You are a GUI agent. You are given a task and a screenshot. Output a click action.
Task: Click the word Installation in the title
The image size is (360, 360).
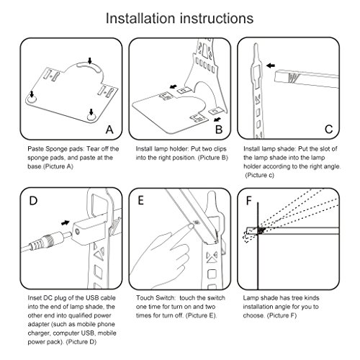click(x=140, y=19)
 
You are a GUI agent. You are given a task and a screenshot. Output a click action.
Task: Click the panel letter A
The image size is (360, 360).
click(x=109, y=130)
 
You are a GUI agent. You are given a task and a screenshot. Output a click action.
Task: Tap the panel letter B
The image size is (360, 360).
click(x=219, y=130)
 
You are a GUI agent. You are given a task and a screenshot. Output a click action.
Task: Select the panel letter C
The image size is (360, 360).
click(x=328, y=130)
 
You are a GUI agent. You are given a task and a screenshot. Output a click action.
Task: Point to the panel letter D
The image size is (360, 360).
click(x=33, y=201)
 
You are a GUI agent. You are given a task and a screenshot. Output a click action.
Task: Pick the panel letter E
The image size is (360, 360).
click(x=141, y=201)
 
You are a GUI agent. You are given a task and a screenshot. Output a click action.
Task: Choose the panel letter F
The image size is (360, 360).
click(x=249, y=201)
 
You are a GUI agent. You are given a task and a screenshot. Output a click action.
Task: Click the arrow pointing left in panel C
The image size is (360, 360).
click(x=271, y=66)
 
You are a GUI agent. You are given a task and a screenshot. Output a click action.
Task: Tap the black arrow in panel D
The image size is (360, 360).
click(x=66, y=222)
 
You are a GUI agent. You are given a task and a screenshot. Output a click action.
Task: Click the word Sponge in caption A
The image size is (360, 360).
click(x=56, y=149)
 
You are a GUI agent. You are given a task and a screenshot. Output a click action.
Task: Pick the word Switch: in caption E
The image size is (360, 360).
click(x=166, y=298)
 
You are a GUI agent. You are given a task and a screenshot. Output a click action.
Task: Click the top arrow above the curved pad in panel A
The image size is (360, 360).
click(x=90, y=60)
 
